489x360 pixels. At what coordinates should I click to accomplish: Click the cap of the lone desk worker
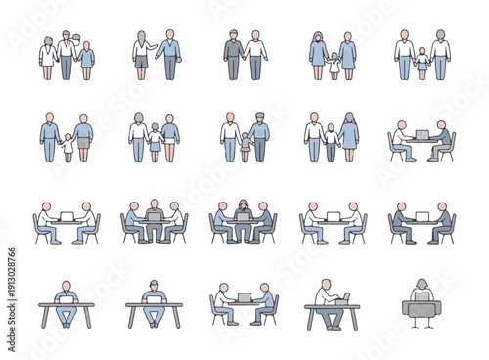click(x=154, y=285)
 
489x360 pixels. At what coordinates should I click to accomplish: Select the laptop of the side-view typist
click(x=342, y=298)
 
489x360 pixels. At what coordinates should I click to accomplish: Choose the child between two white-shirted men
click(x=423, y=63)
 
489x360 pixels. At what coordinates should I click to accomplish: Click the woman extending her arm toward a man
click(x=142, y=55)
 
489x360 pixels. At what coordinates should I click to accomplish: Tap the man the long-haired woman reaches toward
click(x=170, y=55)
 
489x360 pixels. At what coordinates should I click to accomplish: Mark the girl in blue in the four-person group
click(x=87, y=60)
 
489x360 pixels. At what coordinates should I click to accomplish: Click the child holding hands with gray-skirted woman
click(x=67, y=146)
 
